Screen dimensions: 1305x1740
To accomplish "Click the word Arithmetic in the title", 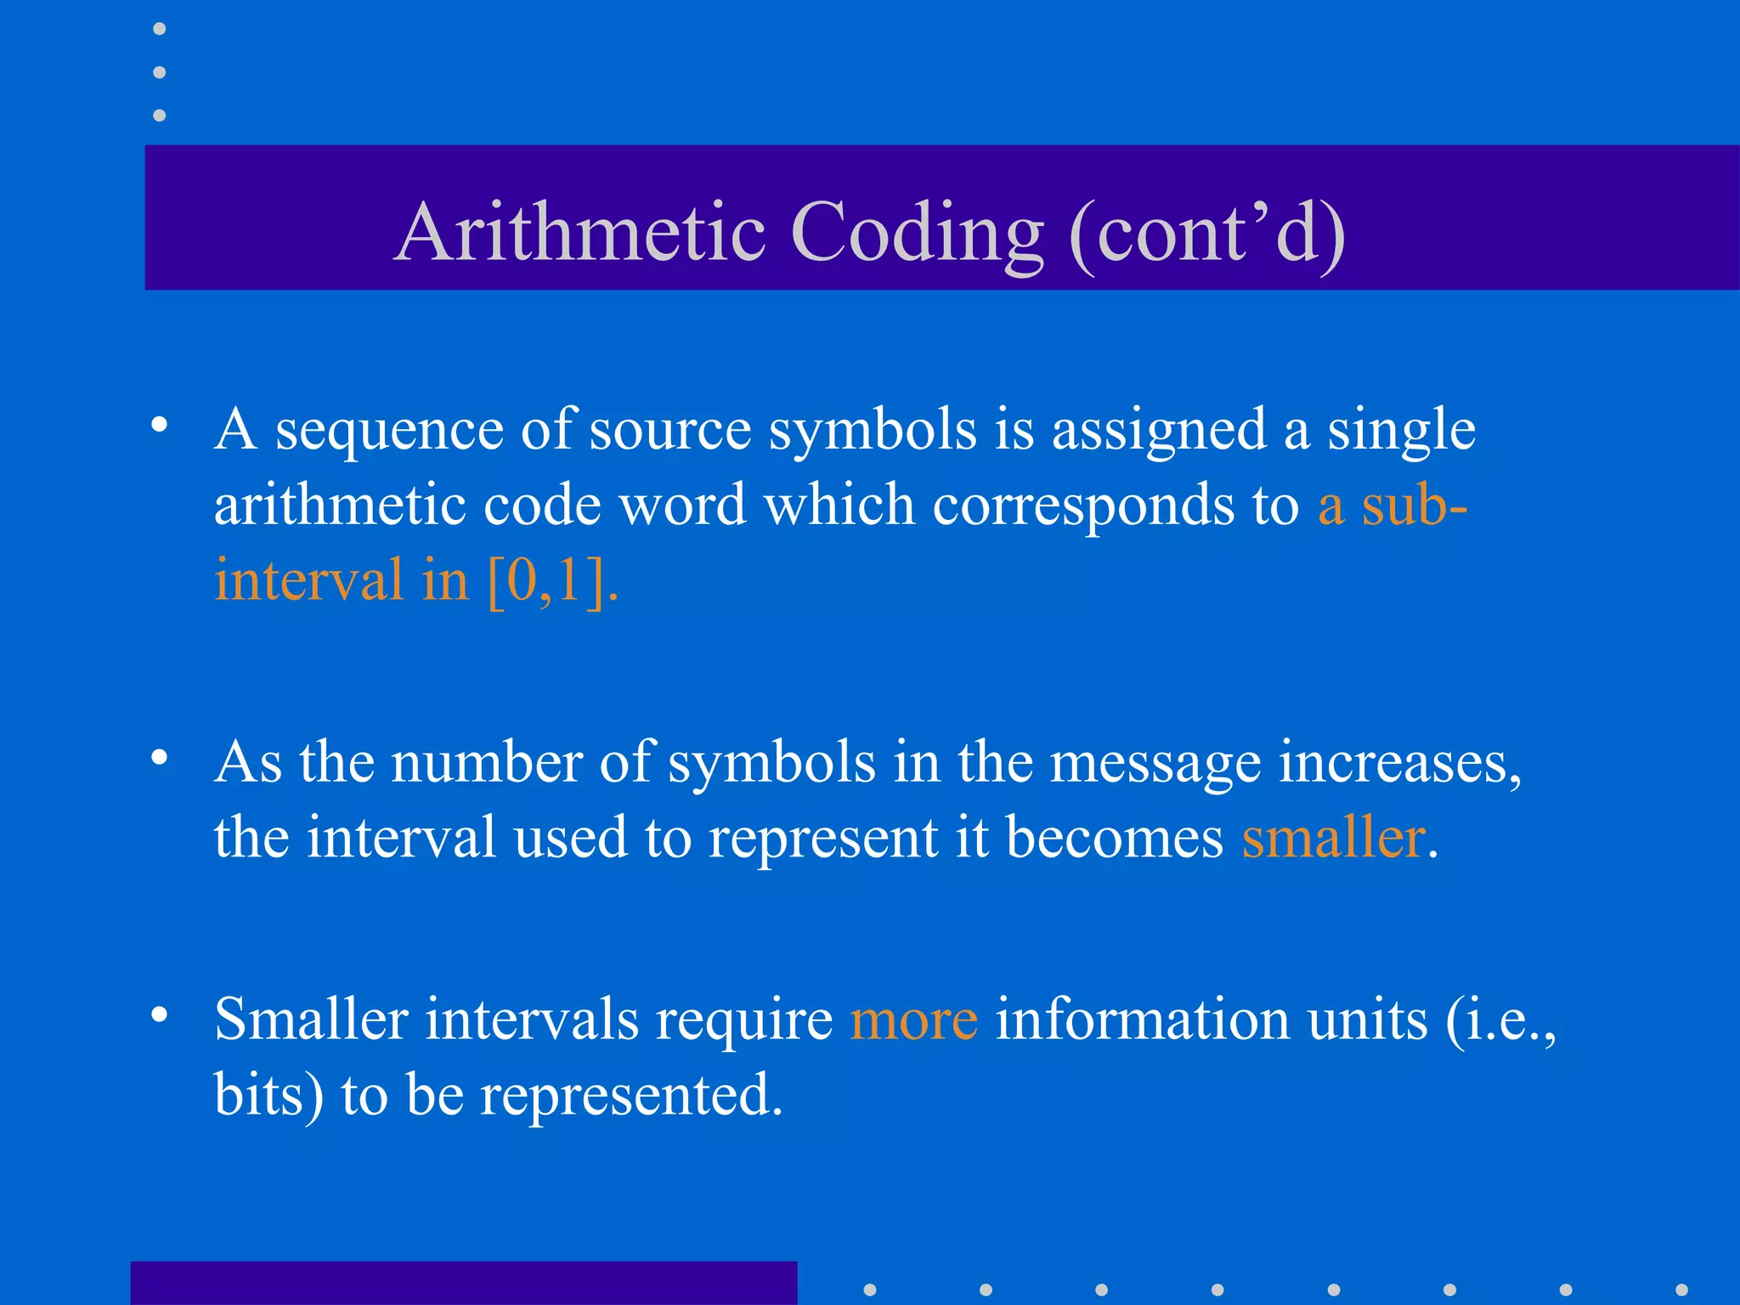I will pyautogui.click(x=582, y=232).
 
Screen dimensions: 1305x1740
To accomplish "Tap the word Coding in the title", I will pyautogui.click(x=918, y=234).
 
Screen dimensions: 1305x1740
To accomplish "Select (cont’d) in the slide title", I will pyautogui.click(x=1207, y=234).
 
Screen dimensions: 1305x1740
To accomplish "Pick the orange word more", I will pyautogui.click(x=913, y=1020).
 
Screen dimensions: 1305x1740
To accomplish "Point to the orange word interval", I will pyautogui.click(x=308, y=580).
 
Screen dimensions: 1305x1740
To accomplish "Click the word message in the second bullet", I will pyautogui.click(x=1155, y=764).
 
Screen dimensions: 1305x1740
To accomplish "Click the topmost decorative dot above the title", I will pyautogui.click(x=160, y=30).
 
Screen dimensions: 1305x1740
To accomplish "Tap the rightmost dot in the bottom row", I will pyautogui.click(x=1681, y=1290).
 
